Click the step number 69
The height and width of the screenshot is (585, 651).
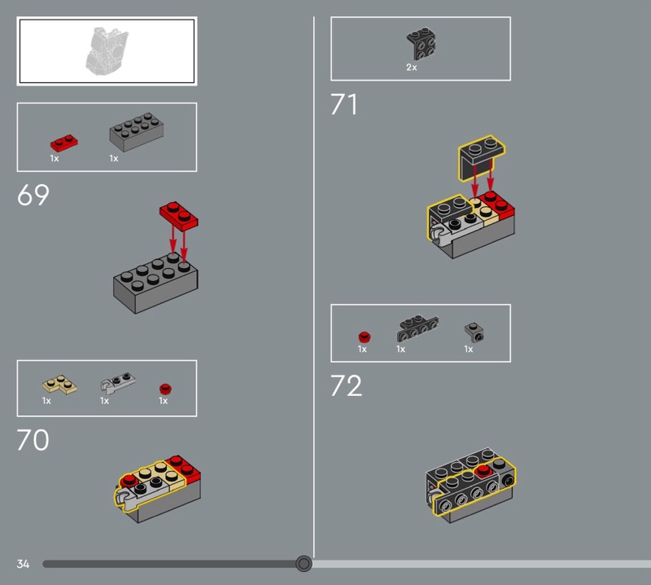(33, 195)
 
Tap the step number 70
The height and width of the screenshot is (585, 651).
(33, 440)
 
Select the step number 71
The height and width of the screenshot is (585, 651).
(343, 104)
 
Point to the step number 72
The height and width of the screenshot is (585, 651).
(347, 386)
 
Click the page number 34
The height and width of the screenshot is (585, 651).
(23, 564)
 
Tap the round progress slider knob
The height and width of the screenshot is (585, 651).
(304, 563)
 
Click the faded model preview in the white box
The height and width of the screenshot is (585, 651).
(107, 51)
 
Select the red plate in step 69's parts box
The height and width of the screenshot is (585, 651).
(64, 143)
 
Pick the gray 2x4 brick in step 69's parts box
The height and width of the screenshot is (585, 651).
(136, 131)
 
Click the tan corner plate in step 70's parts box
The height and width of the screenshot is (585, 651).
(59, 385)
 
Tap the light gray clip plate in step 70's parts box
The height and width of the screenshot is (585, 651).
(117, 382)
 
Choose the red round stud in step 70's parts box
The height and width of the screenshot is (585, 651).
(165, 389)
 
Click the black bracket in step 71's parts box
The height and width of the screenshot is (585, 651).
(421, 44)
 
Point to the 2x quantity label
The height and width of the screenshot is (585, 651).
(412, 67)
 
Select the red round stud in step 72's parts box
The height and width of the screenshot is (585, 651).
(364, 336)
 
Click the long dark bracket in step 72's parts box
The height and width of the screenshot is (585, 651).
(417, 328)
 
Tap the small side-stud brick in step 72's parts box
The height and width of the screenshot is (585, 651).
(474, 332)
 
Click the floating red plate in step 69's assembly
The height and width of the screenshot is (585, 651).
(179, 216)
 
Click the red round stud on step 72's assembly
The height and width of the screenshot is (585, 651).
(483, 471)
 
